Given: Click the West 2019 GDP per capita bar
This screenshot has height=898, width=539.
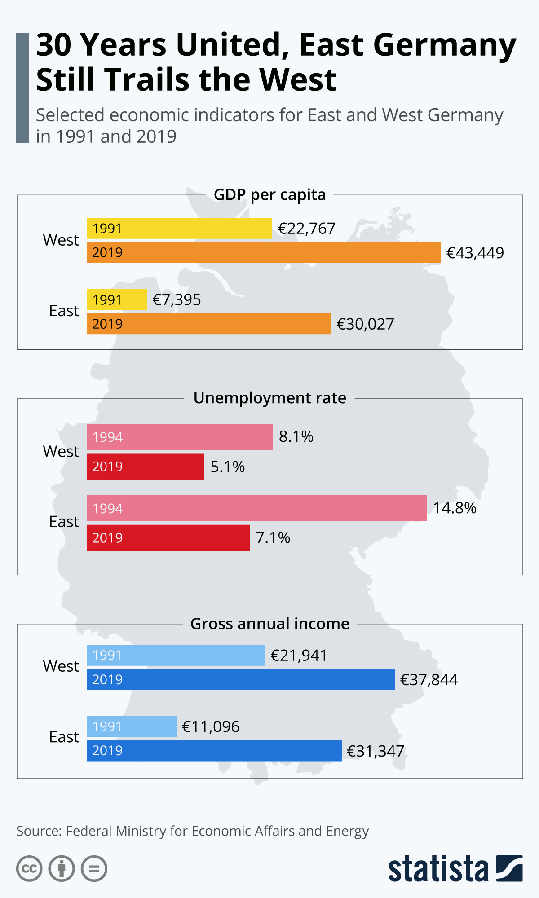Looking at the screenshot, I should (x=263, y=253).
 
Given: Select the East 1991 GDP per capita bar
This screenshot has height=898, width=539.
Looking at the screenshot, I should (x=117, y=299).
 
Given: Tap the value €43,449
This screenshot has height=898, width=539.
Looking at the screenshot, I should (x=475, y=253).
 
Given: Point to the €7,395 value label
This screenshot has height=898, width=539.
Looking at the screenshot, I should (x=177, y=299).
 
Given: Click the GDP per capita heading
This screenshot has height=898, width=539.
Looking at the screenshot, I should (x=269, y=195).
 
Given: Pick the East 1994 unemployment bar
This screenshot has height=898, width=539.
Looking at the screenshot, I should (x=256, y=508).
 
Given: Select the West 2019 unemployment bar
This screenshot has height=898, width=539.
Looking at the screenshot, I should (x=145, y=467).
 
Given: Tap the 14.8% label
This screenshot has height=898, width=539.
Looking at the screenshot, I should (x=455, y=508).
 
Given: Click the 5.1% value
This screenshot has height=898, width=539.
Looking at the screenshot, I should (x=227, y=467).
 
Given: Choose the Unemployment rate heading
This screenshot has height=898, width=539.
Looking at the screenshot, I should (x=269, y=398).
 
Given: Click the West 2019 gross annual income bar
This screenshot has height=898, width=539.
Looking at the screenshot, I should (x=240, y=680).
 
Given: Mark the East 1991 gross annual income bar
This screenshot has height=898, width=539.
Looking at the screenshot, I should (x=132, y=726).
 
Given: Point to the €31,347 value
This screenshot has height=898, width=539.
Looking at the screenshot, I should (x=376, y=751).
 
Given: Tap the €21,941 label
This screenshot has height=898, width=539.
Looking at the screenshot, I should (x=299, y=656).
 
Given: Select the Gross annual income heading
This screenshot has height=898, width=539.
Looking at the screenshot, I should (x=269, y=624).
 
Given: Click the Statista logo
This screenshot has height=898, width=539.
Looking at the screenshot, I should (x=455, y=869).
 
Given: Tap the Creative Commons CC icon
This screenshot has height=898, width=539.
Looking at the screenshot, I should (x=29, y=869).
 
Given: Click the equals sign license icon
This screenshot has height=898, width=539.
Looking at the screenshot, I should (x=94, y=869).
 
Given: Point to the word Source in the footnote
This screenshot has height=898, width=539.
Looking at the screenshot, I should (x=39, y=831).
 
